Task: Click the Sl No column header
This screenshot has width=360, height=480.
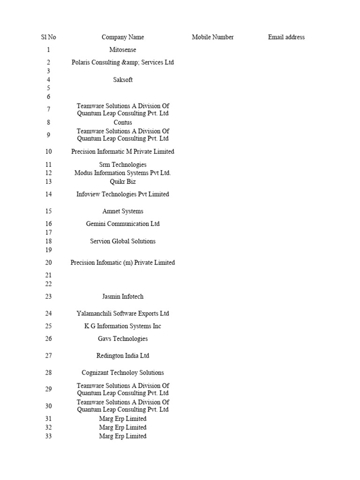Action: coord(48,37)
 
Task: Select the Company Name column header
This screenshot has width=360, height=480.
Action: coord(123,37)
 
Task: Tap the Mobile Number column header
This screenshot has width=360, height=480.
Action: coord(212,37)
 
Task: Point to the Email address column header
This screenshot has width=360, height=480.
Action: coord(286,37)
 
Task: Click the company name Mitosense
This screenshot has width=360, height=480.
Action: coord(123,50)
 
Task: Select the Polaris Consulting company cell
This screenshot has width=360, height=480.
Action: coord(123,62)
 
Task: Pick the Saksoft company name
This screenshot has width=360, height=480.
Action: coord(123,80)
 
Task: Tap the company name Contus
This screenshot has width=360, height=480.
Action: coord(123,122)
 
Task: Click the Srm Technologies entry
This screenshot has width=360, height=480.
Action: coord(123,165)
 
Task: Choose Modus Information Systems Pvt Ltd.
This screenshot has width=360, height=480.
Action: coord(123,173)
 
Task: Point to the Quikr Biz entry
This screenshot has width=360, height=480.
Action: coord(123,181)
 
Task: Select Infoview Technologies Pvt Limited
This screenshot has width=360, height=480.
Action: coord(123,194)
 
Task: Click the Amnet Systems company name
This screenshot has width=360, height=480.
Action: coord(123,211)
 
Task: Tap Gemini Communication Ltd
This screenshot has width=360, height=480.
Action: coord(123,224)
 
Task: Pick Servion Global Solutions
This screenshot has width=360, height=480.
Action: coord(123,241)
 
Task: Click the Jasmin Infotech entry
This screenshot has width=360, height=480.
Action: coord(123,297)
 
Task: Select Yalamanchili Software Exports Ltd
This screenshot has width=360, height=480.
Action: coord(123,314)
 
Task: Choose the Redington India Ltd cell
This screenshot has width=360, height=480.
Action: coord(123,356)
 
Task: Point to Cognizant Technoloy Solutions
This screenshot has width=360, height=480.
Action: coord(123,373)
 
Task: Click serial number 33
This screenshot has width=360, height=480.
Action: coord(48,436)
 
